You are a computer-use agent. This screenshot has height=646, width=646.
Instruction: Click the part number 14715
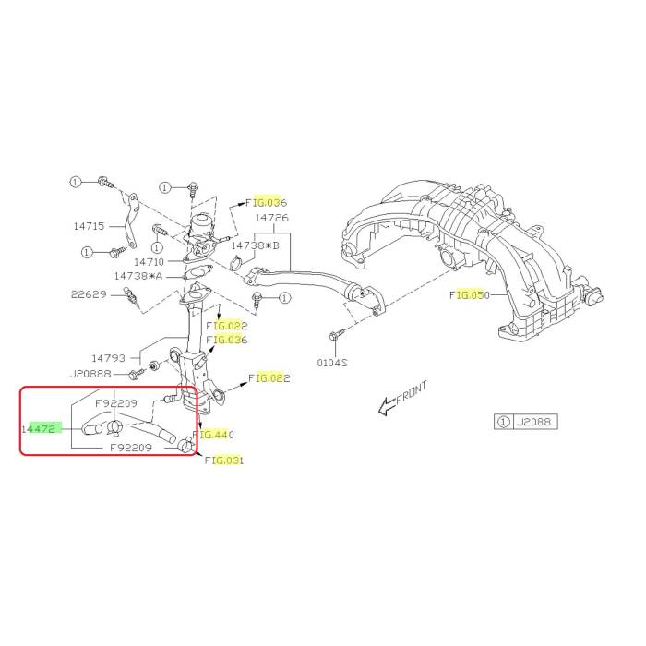pyautogui.click(x=89, y=226)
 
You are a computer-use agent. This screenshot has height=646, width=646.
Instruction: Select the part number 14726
pyautogui.click(x=272, y=218)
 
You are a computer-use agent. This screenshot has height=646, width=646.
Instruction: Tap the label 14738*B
pyautogui.click(x=255, y=245)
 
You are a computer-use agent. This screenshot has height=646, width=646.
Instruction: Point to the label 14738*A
pyautogui.click(x=138, y=276)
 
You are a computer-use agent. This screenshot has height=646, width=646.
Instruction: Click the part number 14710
pyautogui.click(x=150, y=262)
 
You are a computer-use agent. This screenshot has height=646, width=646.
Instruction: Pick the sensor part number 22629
pyautogui.click(x=89, y=294)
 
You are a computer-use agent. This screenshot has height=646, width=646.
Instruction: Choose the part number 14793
pyautogui.click(x=108, y=358)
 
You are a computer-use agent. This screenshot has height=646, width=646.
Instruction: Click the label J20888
pyautogui.click(x=90, y=374)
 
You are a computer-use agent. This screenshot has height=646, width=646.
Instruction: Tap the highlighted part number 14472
pyautogui.click(x=39, y=429)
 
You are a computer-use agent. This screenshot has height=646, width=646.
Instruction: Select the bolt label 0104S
pyautogui.click(x=332, y=363)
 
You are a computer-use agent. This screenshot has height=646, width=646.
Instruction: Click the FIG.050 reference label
pyautogui.click(x=470, y=295)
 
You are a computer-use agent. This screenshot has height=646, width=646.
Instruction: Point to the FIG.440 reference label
pyautogui.click(x=213, y=435)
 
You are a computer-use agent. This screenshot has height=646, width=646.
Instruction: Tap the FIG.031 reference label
pyautogui.click(x=224, y=461)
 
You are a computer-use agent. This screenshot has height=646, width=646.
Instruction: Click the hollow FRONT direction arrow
pyautogui.click(x=387, y=407)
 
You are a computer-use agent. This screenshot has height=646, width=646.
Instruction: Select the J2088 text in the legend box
pyautogui.click(x=534, y=422)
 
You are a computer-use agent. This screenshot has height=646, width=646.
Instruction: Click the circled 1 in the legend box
pyautogui.click(x=504, y=422)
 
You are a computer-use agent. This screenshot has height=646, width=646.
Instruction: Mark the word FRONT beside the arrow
pyautogui.click(x=412, y=392)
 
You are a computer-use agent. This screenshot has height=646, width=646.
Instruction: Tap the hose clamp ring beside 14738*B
pyautogui.click(x=236, y=263)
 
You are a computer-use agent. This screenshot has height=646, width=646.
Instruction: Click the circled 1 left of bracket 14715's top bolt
pyautogui.click(x=75, y=182)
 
